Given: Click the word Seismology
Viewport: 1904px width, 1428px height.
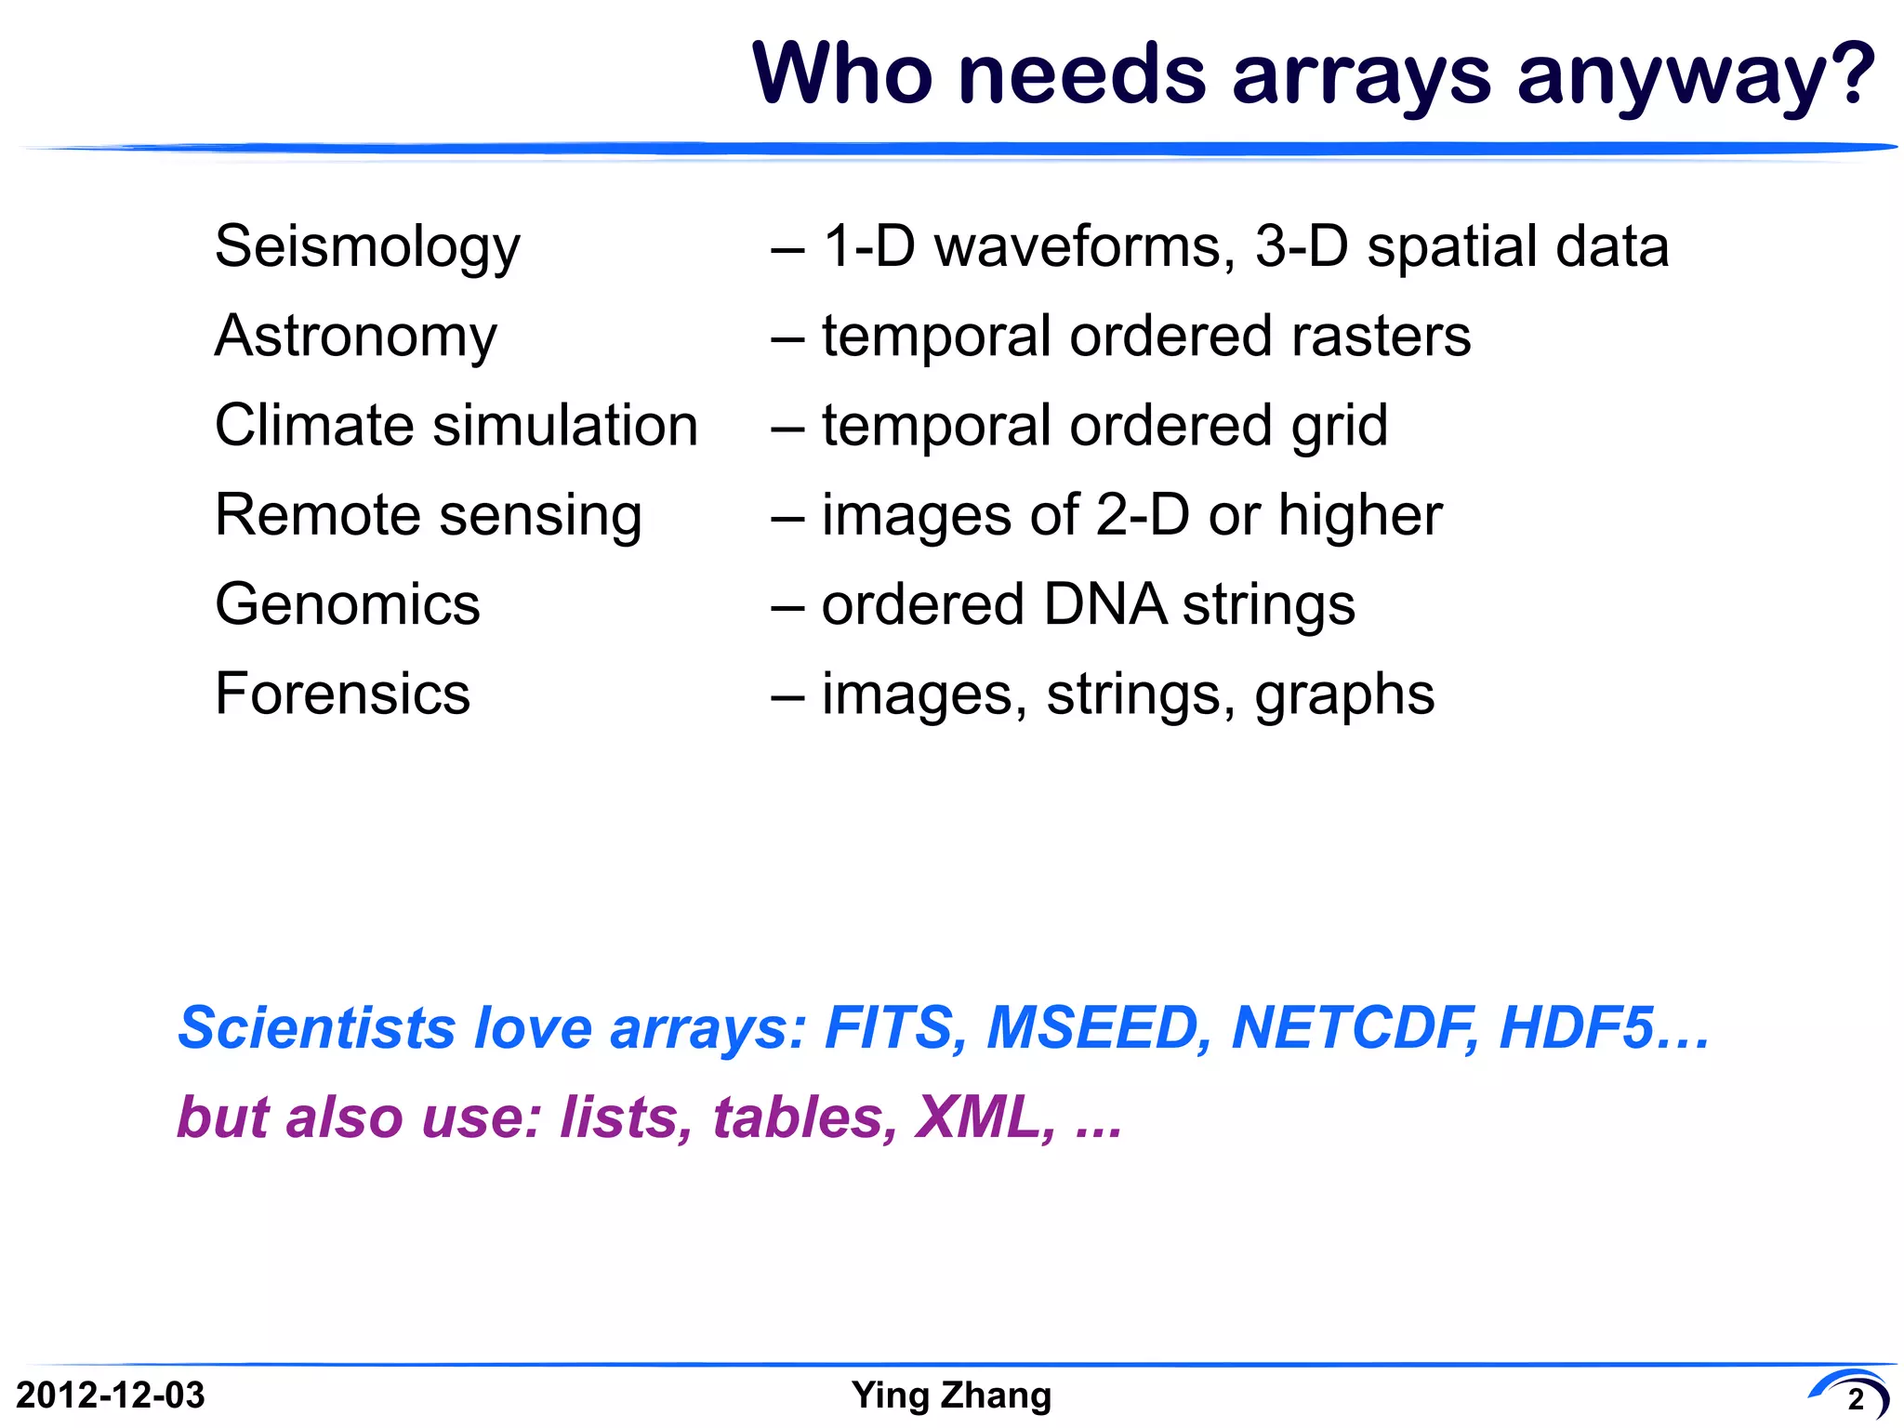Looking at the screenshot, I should (367, 247).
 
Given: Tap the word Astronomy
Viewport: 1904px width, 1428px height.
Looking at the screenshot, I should (356, 337).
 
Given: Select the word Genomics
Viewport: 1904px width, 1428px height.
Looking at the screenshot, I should (347, 604).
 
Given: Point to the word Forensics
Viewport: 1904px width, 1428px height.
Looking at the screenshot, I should (342, 694).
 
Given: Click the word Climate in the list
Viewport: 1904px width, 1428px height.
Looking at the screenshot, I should (315, 426).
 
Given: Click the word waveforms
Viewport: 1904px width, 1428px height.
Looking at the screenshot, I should (1084, 247).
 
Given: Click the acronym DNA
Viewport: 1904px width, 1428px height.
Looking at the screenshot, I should (1104, 604).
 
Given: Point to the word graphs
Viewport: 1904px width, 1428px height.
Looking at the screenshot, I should (1344, 695).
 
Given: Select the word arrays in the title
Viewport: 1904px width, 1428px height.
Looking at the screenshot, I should (1361, 76).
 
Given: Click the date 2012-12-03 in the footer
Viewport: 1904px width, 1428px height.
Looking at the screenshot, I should (111, 1395).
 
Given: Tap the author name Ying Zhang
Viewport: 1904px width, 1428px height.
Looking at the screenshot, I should (951, 1395).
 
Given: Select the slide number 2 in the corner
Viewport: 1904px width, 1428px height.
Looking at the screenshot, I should (1856, 1399).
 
